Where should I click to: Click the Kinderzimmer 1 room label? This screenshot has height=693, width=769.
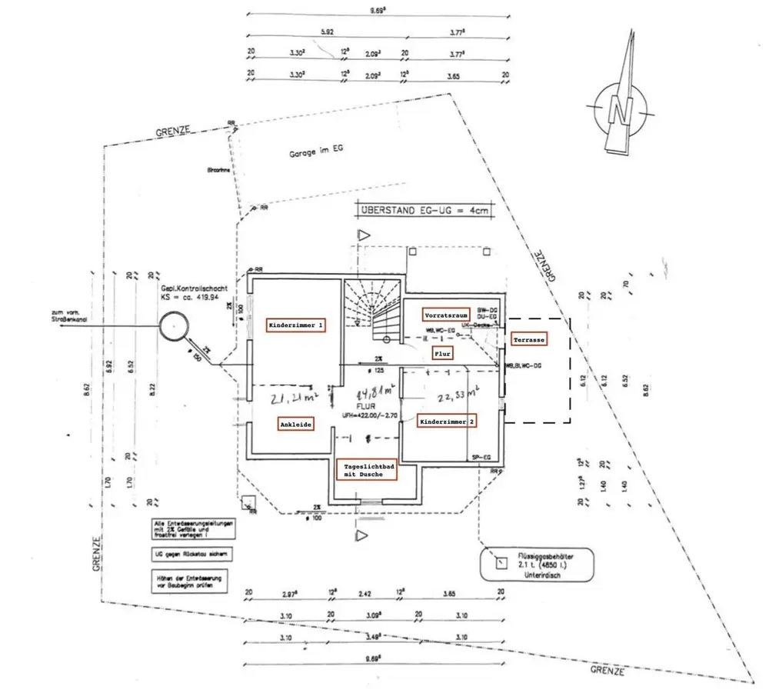click(x=297, y=325)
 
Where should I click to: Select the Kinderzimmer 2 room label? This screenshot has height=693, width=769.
click(x=447, y=421)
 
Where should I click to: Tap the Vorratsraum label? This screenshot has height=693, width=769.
click(x=446, y=315)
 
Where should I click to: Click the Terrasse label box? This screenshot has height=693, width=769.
click(x=530, y=339)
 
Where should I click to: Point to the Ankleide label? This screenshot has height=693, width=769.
click(x=296, y=424)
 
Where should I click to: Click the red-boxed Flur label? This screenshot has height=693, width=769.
click(x=441, y=353)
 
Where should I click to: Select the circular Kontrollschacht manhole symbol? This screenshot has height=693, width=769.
click(x=174, y=327)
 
